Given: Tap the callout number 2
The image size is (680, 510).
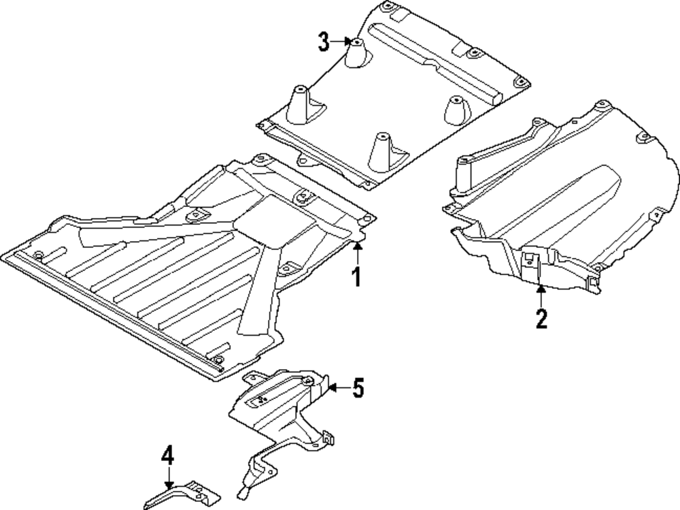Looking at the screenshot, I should pos(541,318).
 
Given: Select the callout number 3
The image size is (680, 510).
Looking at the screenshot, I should pos(324,43).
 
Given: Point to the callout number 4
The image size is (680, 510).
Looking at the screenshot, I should pos(167,455).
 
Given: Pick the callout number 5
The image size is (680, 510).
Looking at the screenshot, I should pos(358,389).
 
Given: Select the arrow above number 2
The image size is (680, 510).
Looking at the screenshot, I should pos(541,296).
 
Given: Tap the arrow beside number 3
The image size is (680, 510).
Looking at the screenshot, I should pos(341,43).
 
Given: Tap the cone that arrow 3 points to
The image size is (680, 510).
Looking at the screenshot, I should pos(356,53).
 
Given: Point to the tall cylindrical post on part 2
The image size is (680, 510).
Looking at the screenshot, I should pos(465,173).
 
